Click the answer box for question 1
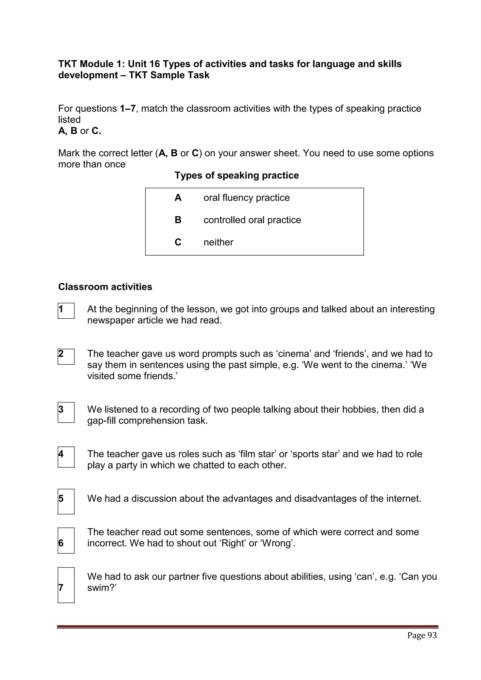(66, 311)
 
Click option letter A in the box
(178, 198)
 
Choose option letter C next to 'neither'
(178, 242)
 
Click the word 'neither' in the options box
(218, 242)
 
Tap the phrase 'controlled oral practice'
(252, 220)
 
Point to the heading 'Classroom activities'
(105, 287)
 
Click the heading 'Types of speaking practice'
(237, 175)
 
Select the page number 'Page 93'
(422, 635)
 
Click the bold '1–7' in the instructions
(128, 109)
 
